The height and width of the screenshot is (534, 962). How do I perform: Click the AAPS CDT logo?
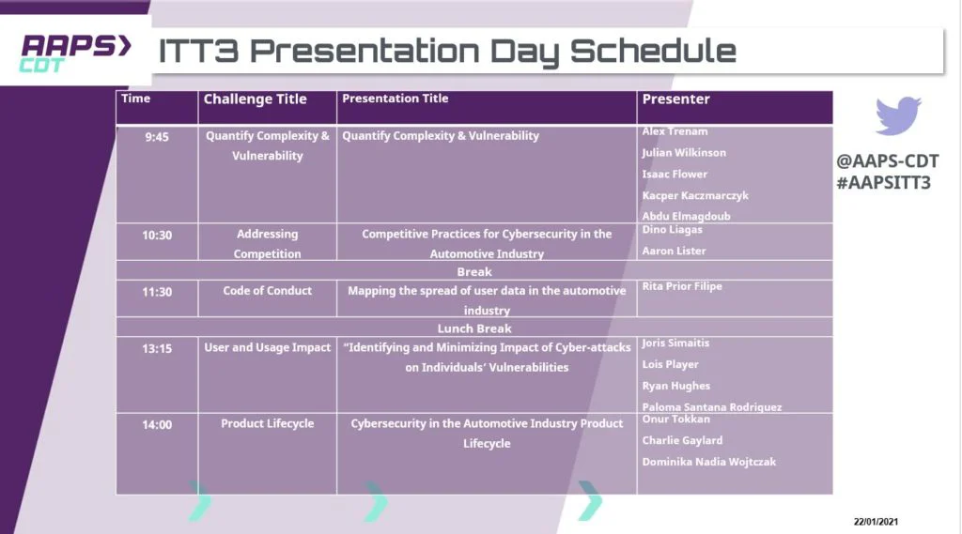pos(76,53)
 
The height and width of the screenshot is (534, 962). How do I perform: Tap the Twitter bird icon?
pos(898,115)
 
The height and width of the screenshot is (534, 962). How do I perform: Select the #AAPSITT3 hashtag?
pos(883,183)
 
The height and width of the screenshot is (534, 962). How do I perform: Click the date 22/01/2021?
pos(876,522)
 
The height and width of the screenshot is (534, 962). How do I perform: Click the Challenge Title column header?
pos(255,99)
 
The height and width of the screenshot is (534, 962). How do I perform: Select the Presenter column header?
pos(675,99)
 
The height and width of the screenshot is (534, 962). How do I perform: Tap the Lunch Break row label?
pos(474,328)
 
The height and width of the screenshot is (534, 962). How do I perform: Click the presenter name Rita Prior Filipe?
pos(682,286)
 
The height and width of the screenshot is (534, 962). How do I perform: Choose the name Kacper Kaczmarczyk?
pos(695,195)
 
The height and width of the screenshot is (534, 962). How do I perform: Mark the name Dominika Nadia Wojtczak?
pos(708,462)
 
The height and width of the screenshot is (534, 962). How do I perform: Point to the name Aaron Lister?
pos(674,251)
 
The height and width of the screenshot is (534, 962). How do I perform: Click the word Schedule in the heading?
pos(653,51)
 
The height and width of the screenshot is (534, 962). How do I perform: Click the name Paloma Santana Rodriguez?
pos(712,406)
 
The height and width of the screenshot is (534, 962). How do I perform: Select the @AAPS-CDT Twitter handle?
pos(887,161)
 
